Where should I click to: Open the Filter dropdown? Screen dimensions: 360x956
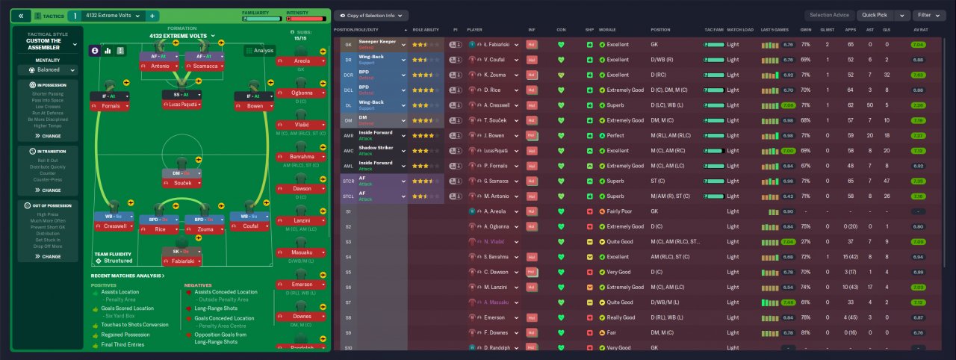tap(928, 15)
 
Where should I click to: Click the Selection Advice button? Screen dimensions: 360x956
tap(829, 15)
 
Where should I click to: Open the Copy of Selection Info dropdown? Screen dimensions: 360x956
tap(371, 15)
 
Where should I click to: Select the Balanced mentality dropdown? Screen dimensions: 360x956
tap(48, 70)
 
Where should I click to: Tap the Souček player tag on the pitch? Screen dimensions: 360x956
tap(183, 182)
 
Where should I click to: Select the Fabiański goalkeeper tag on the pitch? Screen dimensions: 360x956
tap(183, 261)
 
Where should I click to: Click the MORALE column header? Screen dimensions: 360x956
tap(607, 30)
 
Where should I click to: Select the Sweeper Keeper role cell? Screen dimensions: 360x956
tap(379, 44)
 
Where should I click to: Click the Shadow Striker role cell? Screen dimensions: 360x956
tap(379, 151)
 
